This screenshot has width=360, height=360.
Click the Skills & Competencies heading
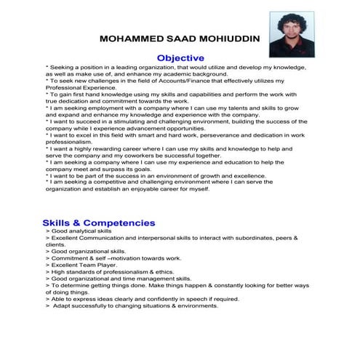click(98, 223)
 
